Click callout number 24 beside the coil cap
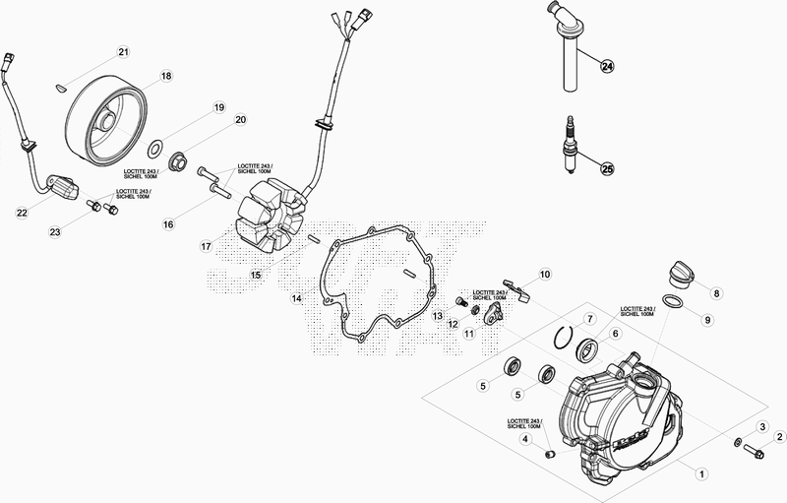click(x=607, y=66)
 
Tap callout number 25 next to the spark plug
click(x=607, y=168)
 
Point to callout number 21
click(x=123, y=51)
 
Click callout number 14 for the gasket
click(x=295, y=297)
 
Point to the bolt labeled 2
click(x=755, y=454)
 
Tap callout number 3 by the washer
click(x=760, y=426)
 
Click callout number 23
click(x=55, y=231)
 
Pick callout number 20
click(x=240, y=120)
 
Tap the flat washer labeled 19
click(x=154, y=149)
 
